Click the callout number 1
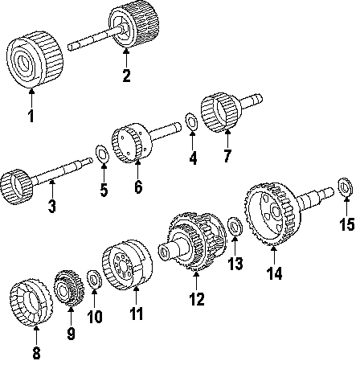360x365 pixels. click(31, 116)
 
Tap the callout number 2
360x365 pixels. click(126, 76)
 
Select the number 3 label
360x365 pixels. click(52, 207)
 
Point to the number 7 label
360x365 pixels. click(227, 156)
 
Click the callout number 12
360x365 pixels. click(197, 299)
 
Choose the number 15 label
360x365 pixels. click(347, 224)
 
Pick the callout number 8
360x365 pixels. click(36, 352)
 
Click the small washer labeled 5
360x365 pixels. click(102, 154)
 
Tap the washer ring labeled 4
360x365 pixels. click(191, 122)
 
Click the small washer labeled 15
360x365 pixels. click(346, 187)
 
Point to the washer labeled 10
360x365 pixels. click(94, 280)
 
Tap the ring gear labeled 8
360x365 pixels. click(31, 302)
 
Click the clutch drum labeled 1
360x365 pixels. click(35, 59)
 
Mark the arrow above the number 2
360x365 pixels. click(126, 57)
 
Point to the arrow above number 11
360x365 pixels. click(136, 296)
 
